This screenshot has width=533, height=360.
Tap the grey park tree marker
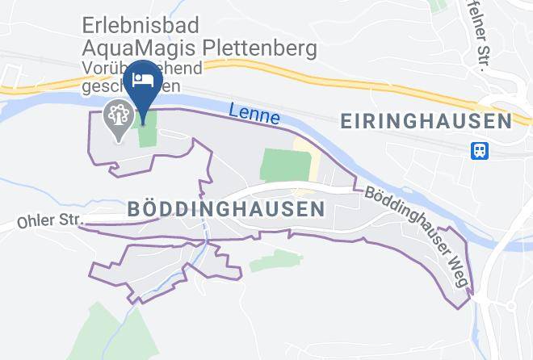point(119,117)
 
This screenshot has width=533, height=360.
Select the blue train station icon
point(480,151)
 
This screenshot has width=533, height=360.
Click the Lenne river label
point(254,115)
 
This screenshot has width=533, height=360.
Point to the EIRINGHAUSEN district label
point(426,121)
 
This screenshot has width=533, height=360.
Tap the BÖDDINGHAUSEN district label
point(226,209)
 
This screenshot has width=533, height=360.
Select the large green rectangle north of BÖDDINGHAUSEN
point(285,166)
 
